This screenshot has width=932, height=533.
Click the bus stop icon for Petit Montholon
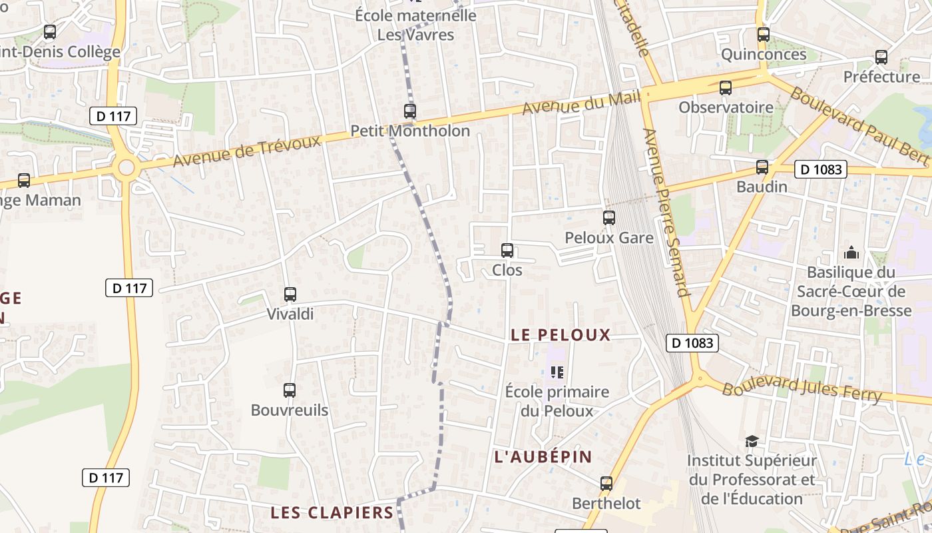pos(410,111)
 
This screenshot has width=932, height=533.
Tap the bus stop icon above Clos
pos(507,251)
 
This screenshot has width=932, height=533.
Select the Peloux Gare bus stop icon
pos(608,218)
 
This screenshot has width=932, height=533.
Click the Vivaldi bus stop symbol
pos(290,294)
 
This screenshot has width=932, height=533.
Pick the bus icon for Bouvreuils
pos(290,390)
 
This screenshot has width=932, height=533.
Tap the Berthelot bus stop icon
pos(606,484)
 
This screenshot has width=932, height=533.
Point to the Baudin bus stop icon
pos(762,167)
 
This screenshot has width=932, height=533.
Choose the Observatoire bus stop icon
pos(726,88)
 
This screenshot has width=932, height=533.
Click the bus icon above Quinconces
pos(764,35)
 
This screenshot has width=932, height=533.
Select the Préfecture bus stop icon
pos(881,57)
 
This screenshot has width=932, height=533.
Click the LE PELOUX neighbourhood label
pos(561,334)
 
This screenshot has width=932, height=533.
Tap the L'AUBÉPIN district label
pos(543,456)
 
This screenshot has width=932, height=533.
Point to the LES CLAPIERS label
pos(332,512)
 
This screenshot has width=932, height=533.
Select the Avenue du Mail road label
pos(581,103)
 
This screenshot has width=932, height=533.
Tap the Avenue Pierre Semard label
pos(665,212)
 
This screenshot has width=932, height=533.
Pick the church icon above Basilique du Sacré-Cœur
pos(851,253)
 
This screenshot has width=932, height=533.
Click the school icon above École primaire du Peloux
pos(557,372)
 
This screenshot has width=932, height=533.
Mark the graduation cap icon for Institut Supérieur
pos(752,441)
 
